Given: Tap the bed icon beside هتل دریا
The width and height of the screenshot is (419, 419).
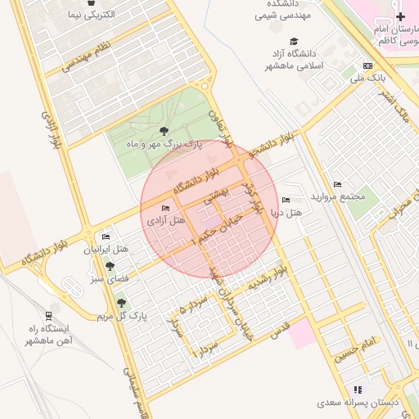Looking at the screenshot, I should coord(285,200).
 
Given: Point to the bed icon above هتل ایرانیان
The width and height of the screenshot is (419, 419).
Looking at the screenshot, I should coord(106,237).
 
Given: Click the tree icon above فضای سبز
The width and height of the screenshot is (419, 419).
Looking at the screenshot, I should coord(108,267).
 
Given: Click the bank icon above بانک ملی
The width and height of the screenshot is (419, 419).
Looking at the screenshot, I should coord(367,65).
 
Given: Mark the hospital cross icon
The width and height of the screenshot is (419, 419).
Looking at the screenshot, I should coord(399,17).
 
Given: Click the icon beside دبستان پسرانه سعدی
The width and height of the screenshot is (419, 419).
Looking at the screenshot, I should coord(357,390).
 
